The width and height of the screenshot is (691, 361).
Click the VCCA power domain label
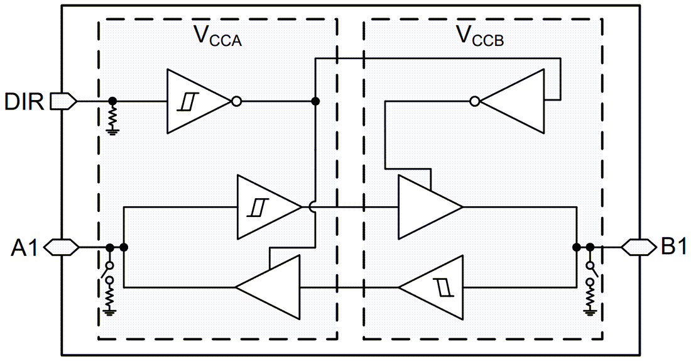point(217,36)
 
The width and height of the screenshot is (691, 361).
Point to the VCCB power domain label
point(479,36)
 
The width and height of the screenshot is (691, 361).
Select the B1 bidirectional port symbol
point(634,247)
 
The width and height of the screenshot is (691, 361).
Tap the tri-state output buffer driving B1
point(427,207)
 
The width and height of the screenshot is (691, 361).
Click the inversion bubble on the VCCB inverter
point(476,101)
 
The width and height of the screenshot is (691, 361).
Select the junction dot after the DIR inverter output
point(315,101)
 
